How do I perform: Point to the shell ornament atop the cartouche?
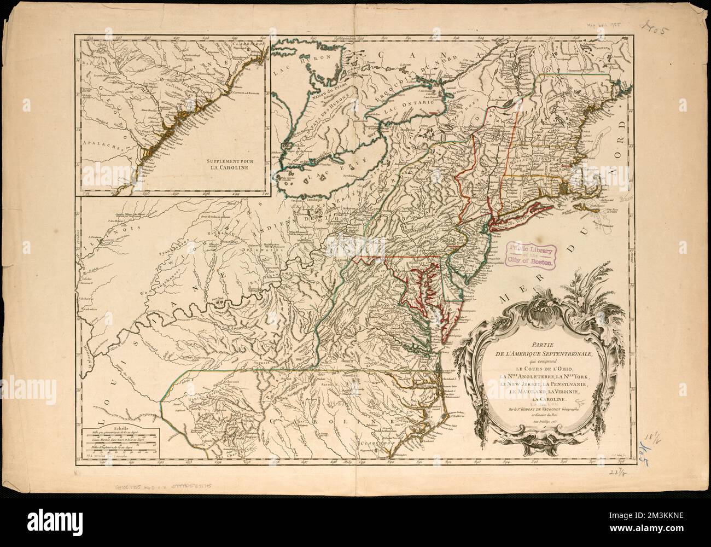tap(528, 304)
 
